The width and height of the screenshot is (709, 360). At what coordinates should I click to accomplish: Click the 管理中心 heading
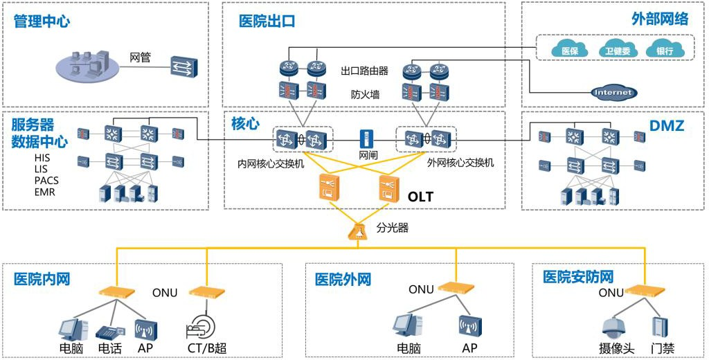click(x=42, y=21)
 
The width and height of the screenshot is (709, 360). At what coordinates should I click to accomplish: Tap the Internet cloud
click(x=613, y=92)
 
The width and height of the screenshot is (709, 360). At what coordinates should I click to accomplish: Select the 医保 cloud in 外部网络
click(x=569, y=50)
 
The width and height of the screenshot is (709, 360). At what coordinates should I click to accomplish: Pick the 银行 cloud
click(x=664, y=50)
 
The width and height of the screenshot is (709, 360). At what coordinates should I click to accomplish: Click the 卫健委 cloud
click(x=616, y=50)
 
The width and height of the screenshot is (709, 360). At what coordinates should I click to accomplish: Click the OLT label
click(x=420, y=197)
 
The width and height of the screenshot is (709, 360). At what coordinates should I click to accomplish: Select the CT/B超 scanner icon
click(x=203, y=325)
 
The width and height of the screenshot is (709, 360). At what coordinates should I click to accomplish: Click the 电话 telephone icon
click(x=109, y=329)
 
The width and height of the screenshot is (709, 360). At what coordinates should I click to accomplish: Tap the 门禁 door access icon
click(x=658, y=327)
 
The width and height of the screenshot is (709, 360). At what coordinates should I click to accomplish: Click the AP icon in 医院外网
click(x=469, y=326)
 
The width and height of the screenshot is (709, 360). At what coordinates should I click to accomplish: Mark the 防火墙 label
click(x=365, y=94)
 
